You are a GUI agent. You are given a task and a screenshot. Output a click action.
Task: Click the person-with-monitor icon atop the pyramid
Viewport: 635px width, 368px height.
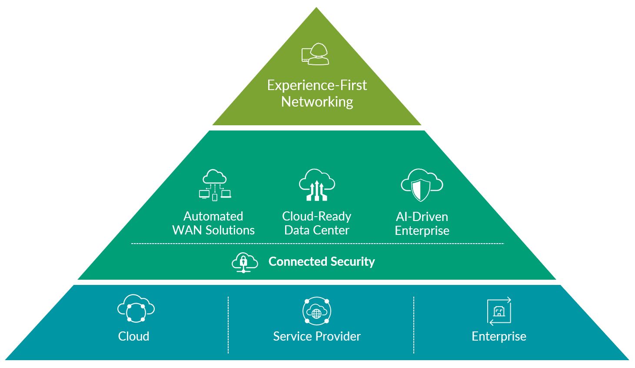(316, 54)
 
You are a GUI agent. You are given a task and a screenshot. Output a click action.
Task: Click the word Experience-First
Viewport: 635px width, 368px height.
(317, 85)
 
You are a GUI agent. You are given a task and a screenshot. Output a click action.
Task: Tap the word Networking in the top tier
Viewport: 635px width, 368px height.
(317, 102)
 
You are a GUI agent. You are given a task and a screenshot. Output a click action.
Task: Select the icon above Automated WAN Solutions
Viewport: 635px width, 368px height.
(214, 185)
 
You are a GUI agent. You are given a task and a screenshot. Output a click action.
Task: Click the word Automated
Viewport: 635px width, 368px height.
(213, 216)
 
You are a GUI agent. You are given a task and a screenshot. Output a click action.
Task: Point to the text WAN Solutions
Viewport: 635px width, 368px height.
(213, 230)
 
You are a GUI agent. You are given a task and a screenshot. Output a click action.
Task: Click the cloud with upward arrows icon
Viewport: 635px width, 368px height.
(317, 185)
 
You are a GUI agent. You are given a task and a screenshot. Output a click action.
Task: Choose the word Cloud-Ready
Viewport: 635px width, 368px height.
(316, 216)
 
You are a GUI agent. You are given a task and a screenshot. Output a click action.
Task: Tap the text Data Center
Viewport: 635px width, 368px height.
(316, 230)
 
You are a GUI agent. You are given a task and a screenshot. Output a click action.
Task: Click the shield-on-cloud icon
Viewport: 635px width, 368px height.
(421, 185)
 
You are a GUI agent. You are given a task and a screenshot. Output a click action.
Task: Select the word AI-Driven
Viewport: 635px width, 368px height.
(422, 217)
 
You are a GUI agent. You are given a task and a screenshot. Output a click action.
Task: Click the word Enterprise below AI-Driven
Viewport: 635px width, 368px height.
(422, 231)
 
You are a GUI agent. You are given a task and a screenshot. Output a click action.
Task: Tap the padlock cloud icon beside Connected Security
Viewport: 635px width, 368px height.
(244, 262)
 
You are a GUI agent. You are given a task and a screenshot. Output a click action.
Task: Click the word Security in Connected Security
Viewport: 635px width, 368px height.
(352, 261)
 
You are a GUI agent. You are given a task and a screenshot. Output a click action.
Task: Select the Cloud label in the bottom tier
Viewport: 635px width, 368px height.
(133, 336)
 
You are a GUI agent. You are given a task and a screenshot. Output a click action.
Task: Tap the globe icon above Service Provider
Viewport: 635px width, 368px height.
(317, 311)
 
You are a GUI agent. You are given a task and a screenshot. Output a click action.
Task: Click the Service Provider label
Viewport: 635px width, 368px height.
(317, 336)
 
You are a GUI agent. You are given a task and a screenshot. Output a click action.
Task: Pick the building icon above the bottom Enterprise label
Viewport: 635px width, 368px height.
(499, 311)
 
